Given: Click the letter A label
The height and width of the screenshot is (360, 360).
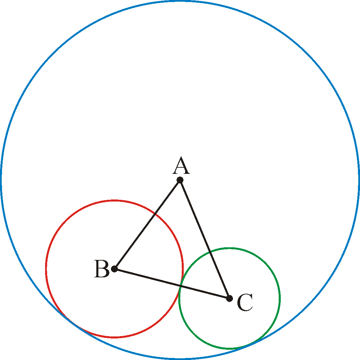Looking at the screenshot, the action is coord(181,165).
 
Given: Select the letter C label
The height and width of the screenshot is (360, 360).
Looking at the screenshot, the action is coord(245,302).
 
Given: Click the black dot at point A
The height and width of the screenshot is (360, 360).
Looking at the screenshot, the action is coord(180,180).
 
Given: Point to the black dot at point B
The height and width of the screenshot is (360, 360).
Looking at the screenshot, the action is coord(114,269).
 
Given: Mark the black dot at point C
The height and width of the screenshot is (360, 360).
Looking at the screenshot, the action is coord(230,299).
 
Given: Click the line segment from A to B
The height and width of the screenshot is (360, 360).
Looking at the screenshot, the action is coord(147,224).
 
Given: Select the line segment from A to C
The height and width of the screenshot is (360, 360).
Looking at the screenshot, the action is coord(205,239).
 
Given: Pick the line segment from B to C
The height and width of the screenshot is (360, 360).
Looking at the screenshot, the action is coord(172,284).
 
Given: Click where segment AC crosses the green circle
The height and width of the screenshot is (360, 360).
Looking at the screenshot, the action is coord(210,252).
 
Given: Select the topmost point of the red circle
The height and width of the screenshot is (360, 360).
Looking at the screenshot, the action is coord(114,200).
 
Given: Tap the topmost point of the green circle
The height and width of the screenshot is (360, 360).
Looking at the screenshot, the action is coord(230,248).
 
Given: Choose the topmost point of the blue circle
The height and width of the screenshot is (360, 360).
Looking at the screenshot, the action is coord(180,1).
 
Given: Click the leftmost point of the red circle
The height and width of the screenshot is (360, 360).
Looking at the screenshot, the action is coord(46,269).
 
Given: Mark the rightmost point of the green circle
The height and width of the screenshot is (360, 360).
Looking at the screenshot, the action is coord(279,299).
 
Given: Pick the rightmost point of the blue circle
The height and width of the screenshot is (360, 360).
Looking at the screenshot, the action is coord(359,180).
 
